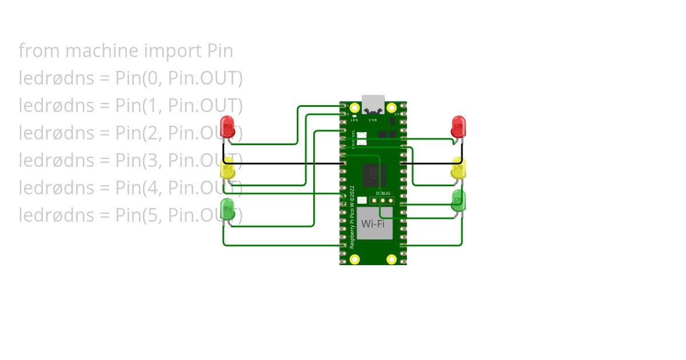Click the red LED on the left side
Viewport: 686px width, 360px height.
click(x=228, y=126)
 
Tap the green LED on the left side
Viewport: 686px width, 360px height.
click(x=228, y=209)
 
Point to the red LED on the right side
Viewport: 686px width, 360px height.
click(x=458, y=126)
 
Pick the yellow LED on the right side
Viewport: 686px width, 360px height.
click(x=458, y=168)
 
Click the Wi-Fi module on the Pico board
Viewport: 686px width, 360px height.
click(x=373, y=223)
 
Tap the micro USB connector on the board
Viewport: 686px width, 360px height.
click(x=373, y=103)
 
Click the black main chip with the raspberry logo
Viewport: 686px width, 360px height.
click(x=373, y=174)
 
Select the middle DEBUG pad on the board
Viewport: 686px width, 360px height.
click(x=382, y=201)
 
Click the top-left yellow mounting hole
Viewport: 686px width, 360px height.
click(x=354, y=107)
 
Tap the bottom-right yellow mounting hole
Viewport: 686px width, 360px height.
click(x=392, y=259)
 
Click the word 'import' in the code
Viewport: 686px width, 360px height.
click(x=171, y=51)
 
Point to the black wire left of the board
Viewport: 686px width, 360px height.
click(x=286, y=163)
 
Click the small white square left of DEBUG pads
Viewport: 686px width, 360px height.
click(x=362, y=201)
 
